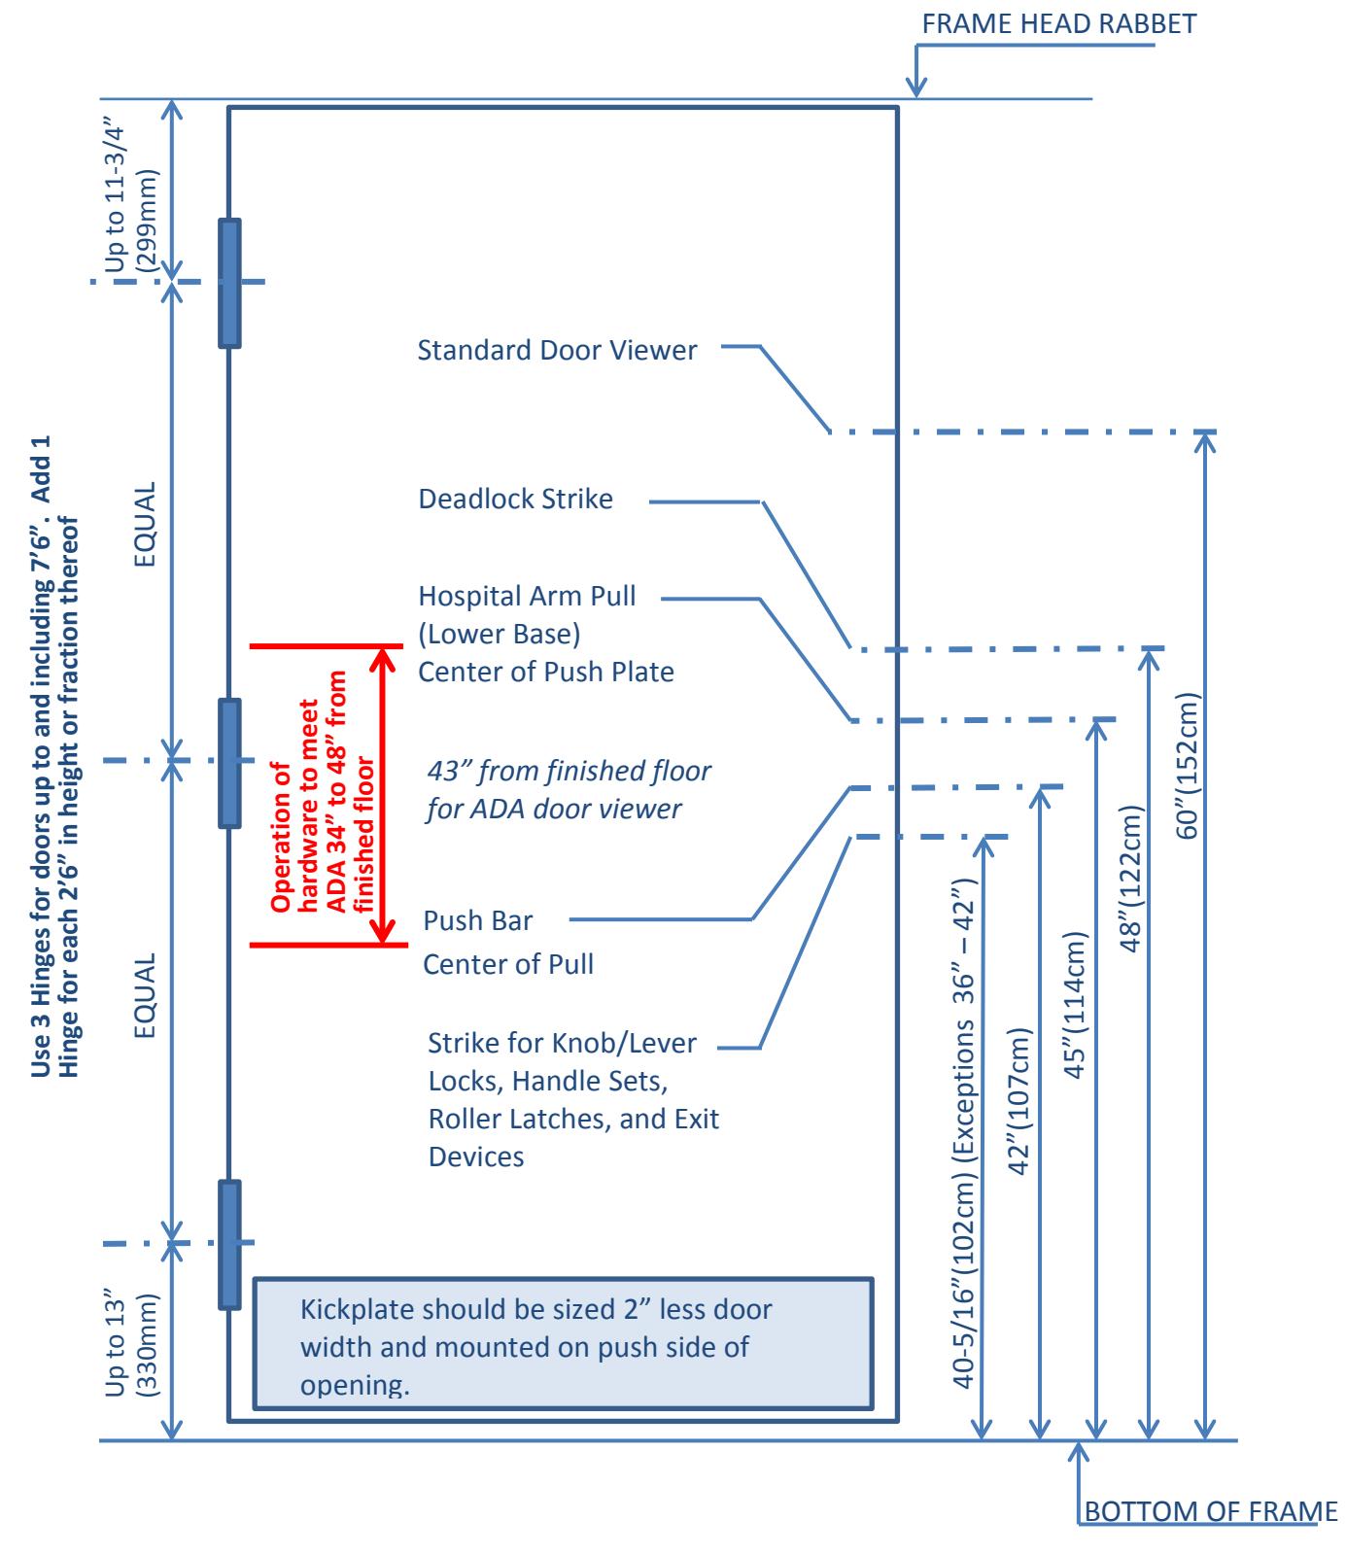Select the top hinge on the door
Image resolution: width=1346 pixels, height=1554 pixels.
229,283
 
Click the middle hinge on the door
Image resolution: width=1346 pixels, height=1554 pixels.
229,763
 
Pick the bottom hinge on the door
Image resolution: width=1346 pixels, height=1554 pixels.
229,1244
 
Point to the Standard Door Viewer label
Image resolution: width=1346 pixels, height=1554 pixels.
557,351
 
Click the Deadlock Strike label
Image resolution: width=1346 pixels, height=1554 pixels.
515,500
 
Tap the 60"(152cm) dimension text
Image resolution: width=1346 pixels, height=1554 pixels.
1190,766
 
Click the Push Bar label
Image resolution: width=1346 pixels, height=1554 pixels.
478,920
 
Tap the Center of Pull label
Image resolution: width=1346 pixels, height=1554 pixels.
508,965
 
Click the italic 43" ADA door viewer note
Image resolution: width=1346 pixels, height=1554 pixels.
569,790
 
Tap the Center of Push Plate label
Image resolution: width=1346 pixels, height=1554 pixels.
546,672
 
